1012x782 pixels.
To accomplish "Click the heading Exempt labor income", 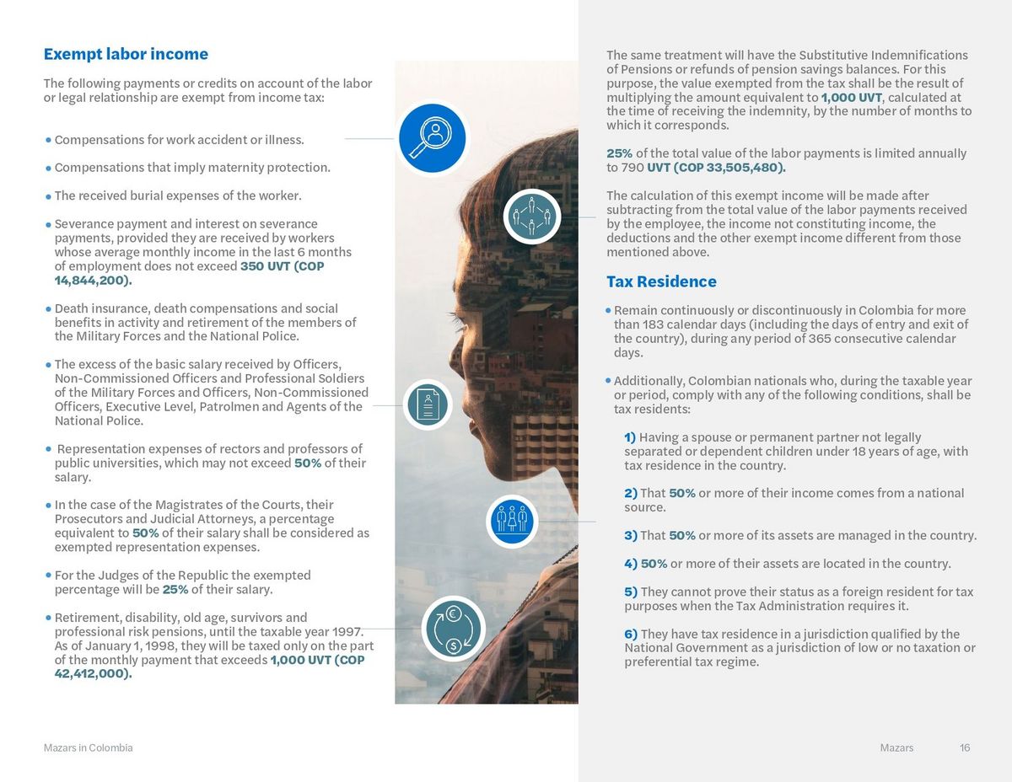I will click(126, 54).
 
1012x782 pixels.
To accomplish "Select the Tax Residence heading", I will click(661, 281).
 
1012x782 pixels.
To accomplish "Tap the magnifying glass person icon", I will click(432, 138).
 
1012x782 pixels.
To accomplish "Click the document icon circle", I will click(428, 404).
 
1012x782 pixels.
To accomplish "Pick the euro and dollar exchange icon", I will click(453, 629).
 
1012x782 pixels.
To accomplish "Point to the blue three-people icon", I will click(512, 520).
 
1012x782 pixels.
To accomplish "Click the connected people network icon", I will click(531, 217).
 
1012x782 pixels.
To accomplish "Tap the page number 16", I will click(965, 747).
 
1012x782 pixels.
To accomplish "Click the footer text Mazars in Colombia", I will click(88, 747).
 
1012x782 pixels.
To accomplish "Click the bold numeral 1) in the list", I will click(630, 437).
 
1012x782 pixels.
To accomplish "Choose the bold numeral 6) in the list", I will click(630, 634).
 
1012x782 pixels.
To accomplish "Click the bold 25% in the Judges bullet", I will click(175, 589).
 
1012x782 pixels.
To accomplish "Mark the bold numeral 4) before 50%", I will click(630, 563).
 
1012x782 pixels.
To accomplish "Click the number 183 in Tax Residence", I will click(654, 324).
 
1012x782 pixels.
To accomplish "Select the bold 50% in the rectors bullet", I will click(307, 463).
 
